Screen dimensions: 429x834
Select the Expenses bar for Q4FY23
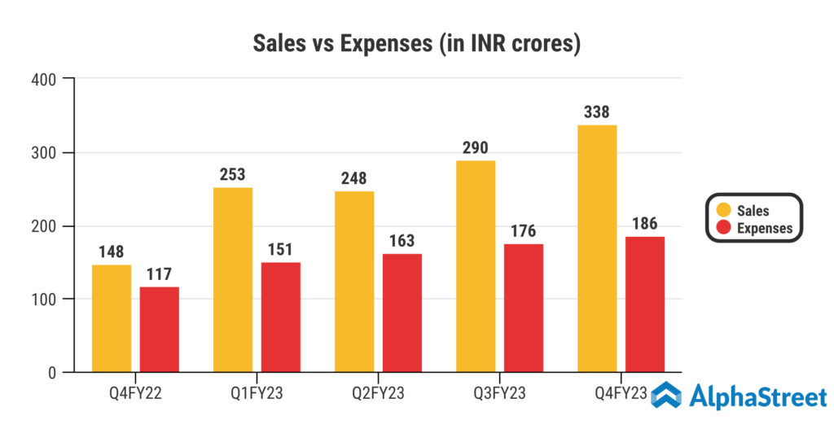coord(645,304)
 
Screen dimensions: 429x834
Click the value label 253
coord(233,174)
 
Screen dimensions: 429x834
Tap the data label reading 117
coord(160,274)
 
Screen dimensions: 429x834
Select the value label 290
coord(475,147)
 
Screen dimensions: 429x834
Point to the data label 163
coord(402,241)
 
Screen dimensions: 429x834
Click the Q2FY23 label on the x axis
coord(379,394)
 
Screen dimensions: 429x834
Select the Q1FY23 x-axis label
coord(257,394)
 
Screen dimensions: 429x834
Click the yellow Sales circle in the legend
coord(723,211)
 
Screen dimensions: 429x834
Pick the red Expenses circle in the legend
coord(723,228)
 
